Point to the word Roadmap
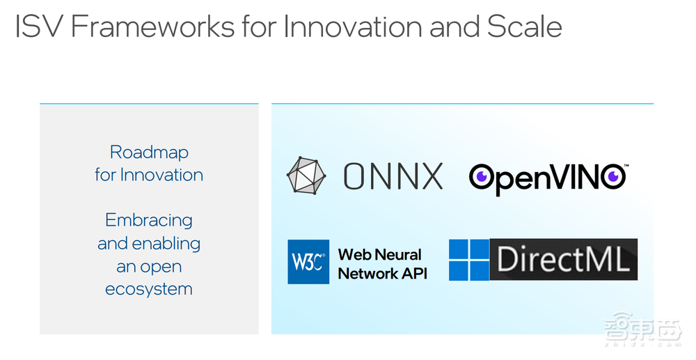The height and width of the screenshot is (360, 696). [149, 152]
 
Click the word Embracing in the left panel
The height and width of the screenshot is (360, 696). [149, 220]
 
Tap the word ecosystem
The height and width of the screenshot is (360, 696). [149, 289]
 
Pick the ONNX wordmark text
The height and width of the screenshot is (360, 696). [393, 176]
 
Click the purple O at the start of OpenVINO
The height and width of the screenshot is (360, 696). [482, 177]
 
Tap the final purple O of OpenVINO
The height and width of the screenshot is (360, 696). [612, 177]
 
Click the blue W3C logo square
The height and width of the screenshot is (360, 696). [308, 262]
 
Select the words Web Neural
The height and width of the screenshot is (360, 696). [380, 254]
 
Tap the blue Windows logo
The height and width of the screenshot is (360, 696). [468, 260]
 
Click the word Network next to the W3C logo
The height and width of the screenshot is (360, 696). [367, 273]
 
